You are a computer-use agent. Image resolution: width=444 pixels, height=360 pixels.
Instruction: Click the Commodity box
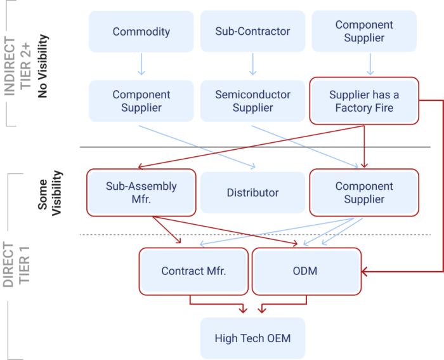click(x=141, y=31)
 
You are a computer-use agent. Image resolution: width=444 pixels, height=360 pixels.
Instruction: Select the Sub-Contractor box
click(x=253, y=31)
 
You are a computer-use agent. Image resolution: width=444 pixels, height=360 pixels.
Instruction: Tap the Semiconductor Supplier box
click(x=252, y=101)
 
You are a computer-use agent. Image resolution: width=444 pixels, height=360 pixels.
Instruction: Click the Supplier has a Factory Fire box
click(x=364, y=101)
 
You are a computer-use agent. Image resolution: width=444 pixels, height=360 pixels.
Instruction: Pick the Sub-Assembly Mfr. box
click(x=141, y=192)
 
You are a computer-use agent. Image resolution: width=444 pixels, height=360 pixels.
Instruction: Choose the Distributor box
click(x=252, y=192)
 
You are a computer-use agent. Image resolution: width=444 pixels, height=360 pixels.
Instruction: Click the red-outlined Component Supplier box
click(x=364, y=192)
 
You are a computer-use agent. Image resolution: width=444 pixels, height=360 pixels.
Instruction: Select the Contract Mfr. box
click(x=194, y=271)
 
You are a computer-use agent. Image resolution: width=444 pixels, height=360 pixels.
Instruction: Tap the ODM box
click(x=306, y=271)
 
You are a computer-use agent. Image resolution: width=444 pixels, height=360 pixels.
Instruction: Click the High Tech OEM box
click(x=252, y=338)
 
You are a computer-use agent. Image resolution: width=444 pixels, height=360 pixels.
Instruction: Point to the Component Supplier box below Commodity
click(x=141, y=101)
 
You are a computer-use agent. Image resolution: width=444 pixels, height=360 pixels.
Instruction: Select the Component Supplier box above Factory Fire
click(x=364, y=31)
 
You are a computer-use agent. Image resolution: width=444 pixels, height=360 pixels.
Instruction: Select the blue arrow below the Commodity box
click(x=141, y=65)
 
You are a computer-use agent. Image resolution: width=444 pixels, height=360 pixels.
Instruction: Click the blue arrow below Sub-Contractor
click(x=253, y=65)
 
